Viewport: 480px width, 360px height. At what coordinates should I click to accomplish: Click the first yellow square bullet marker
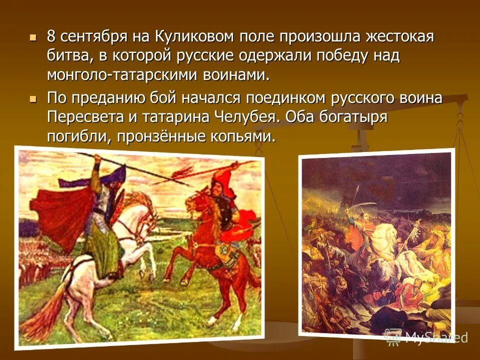33,37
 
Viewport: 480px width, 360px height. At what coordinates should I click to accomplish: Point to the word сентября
93,37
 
